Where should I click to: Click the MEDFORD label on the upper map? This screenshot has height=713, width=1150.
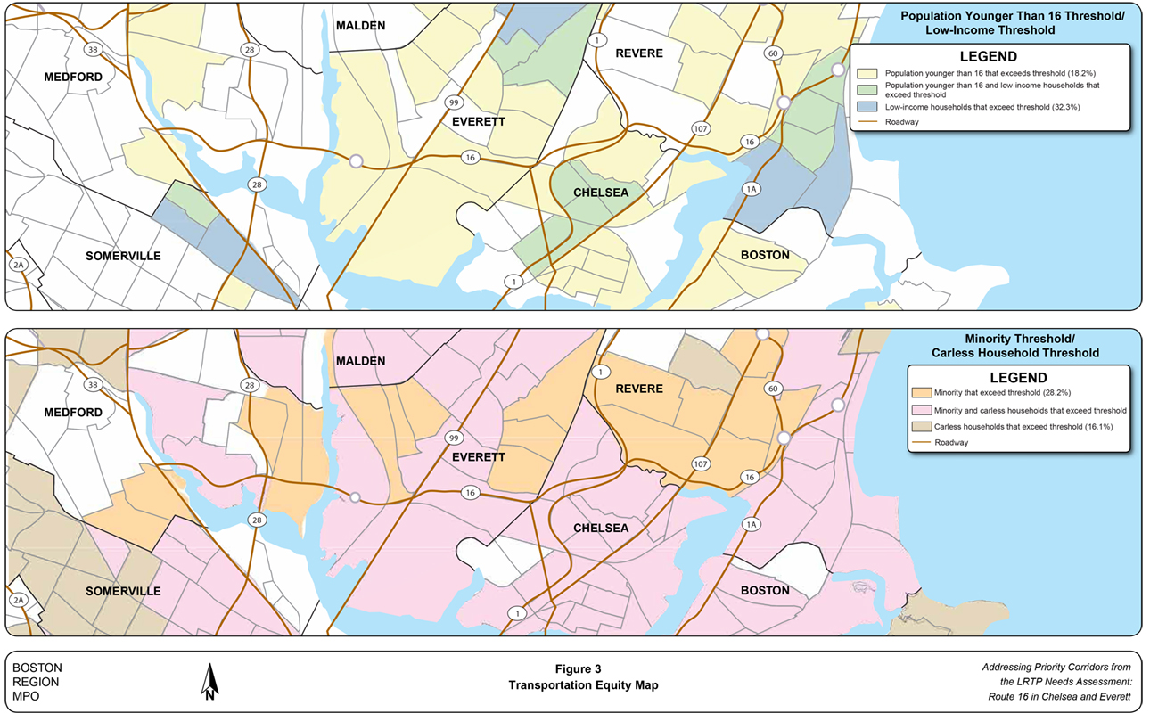[x=73, y=78]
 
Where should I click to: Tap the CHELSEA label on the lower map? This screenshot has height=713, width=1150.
[x=601, y=529]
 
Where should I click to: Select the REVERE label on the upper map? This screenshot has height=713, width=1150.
[x=638, y=53]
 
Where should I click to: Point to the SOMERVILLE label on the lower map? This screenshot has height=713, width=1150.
[x=123, y=591]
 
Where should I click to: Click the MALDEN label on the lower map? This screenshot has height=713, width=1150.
[x=360, y=361]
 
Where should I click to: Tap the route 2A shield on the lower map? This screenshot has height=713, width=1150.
[x=18, y=602]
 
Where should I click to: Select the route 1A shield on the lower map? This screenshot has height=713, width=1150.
[x=751, y=524]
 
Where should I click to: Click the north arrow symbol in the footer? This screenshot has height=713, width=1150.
[x=209, y=683]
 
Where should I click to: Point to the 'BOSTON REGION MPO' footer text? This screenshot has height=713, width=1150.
[x=37, y=682]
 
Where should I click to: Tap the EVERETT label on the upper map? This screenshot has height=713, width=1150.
[x=478, y=121]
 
